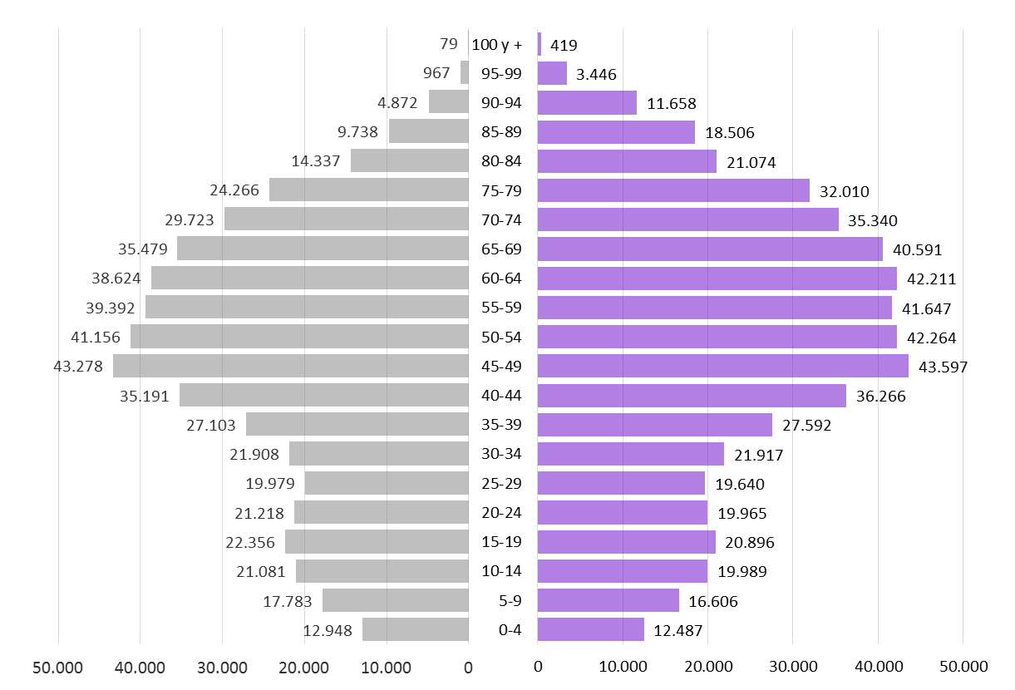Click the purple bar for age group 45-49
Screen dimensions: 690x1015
click(722, 366)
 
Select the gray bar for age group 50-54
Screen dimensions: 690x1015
click(299, 337)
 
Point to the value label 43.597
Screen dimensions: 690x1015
click(943, 367)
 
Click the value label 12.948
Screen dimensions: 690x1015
click(328, 630)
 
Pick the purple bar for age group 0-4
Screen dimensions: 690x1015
click(590, 629)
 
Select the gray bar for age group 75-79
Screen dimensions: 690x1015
click(368, 190)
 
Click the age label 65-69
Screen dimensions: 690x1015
click(502, 249)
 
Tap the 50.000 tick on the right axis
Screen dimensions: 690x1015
click(963, 667)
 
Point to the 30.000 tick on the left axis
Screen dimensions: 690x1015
click(222, 667)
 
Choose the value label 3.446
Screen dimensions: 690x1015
click(596, 75)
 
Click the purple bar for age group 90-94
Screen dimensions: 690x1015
click(587, 103)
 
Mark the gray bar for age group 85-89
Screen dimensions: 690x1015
click(428, 131)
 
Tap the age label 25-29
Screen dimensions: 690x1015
click(502, 484)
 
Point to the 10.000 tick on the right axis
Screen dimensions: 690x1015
click(623, 667)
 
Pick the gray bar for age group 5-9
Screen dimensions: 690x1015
click(395, 600)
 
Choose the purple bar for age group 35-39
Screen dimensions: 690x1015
click(654, 425)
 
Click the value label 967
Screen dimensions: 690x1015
click(436, 73)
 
